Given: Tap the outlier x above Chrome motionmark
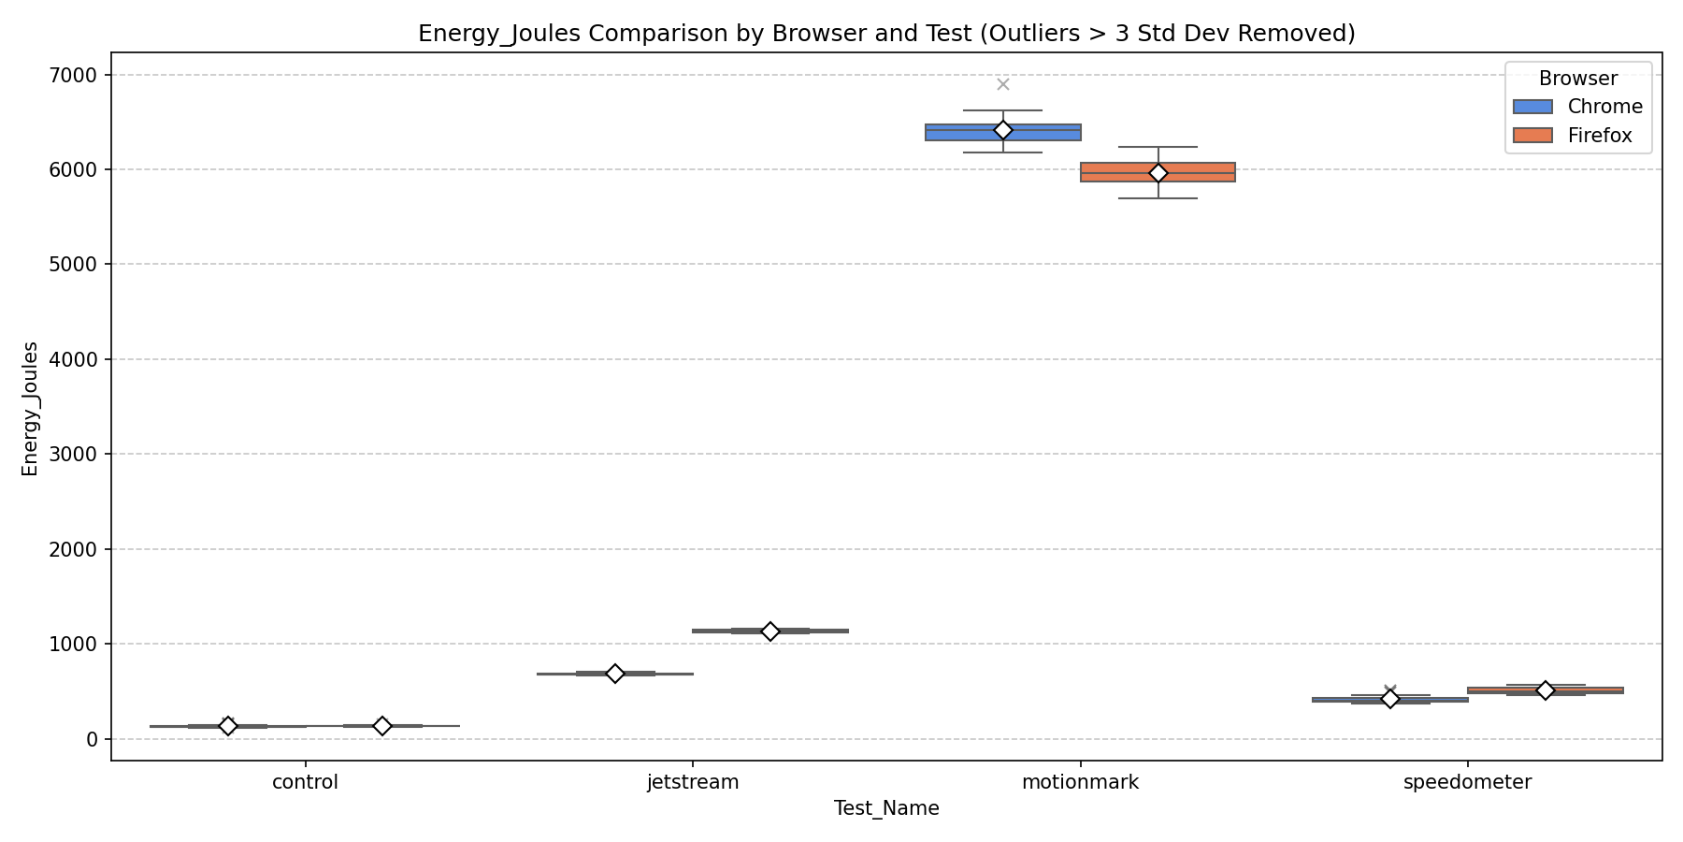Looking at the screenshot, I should pos(1003,84).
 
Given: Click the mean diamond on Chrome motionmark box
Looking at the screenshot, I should pos(1003,130).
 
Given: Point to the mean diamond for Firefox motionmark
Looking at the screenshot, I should pos(1158,173).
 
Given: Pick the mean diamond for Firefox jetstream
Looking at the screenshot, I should pos(770,631).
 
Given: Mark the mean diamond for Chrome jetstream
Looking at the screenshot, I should pos(615,674).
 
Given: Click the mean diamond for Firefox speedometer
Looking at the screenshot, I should pos(1546,690).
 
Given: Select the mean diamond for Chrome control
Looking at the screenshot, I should pos(227,726).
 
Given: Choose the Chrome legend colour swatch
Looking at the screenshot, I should pos(1532,107).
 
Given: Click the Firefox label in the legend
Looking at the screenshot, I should pos(1600,136).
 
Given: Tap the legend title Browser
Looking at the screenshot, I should pos(1577,79).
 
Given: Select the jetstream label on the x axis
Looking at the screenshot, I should pos(693,783).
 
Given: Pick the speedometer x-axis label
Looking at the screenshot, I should pos(1467,783).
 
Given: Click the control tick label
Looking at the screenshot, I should pos(305,783).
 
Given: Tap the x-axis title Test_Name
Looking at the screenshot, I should pos(886,809).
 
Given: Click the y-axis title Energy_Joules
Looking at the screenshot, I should pos(31,409).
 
